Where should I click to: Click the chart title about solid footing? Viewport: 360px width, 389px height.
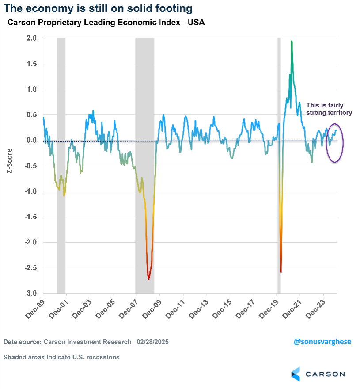(x=98, y=8)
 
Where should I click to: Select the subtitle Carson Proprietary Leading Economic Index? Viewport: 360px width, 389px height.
(x=106, y=22)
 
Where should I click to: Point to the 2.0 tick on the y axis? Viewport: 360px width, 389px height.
(x=31, y=38)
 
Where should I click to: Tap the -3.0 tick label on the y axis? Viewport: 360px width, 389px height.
(x=30, y=294)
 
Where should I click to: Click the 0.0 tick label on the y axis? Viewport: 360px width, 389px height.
(x=31, y=141)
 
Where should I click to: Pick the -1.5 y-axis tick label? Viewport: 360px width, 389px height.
(x=30, y=217)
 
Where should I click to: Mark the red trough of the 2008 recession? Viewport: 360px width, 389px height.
(x=148, y=278)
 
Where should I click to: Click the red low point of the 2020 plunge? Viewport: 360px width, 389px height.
(x=281, y=271)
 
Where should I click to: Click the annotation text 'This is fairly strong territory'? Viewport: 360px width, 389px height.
(x=329, y=109)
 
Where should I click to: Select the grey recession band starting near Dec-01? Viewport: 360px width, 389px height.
(x=61, y=166)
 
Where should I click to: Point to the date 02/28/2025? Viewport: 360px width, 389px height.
(x=152, y=342)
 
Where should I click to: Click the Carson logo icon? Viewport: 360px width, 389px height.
(x=296, y=374)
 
